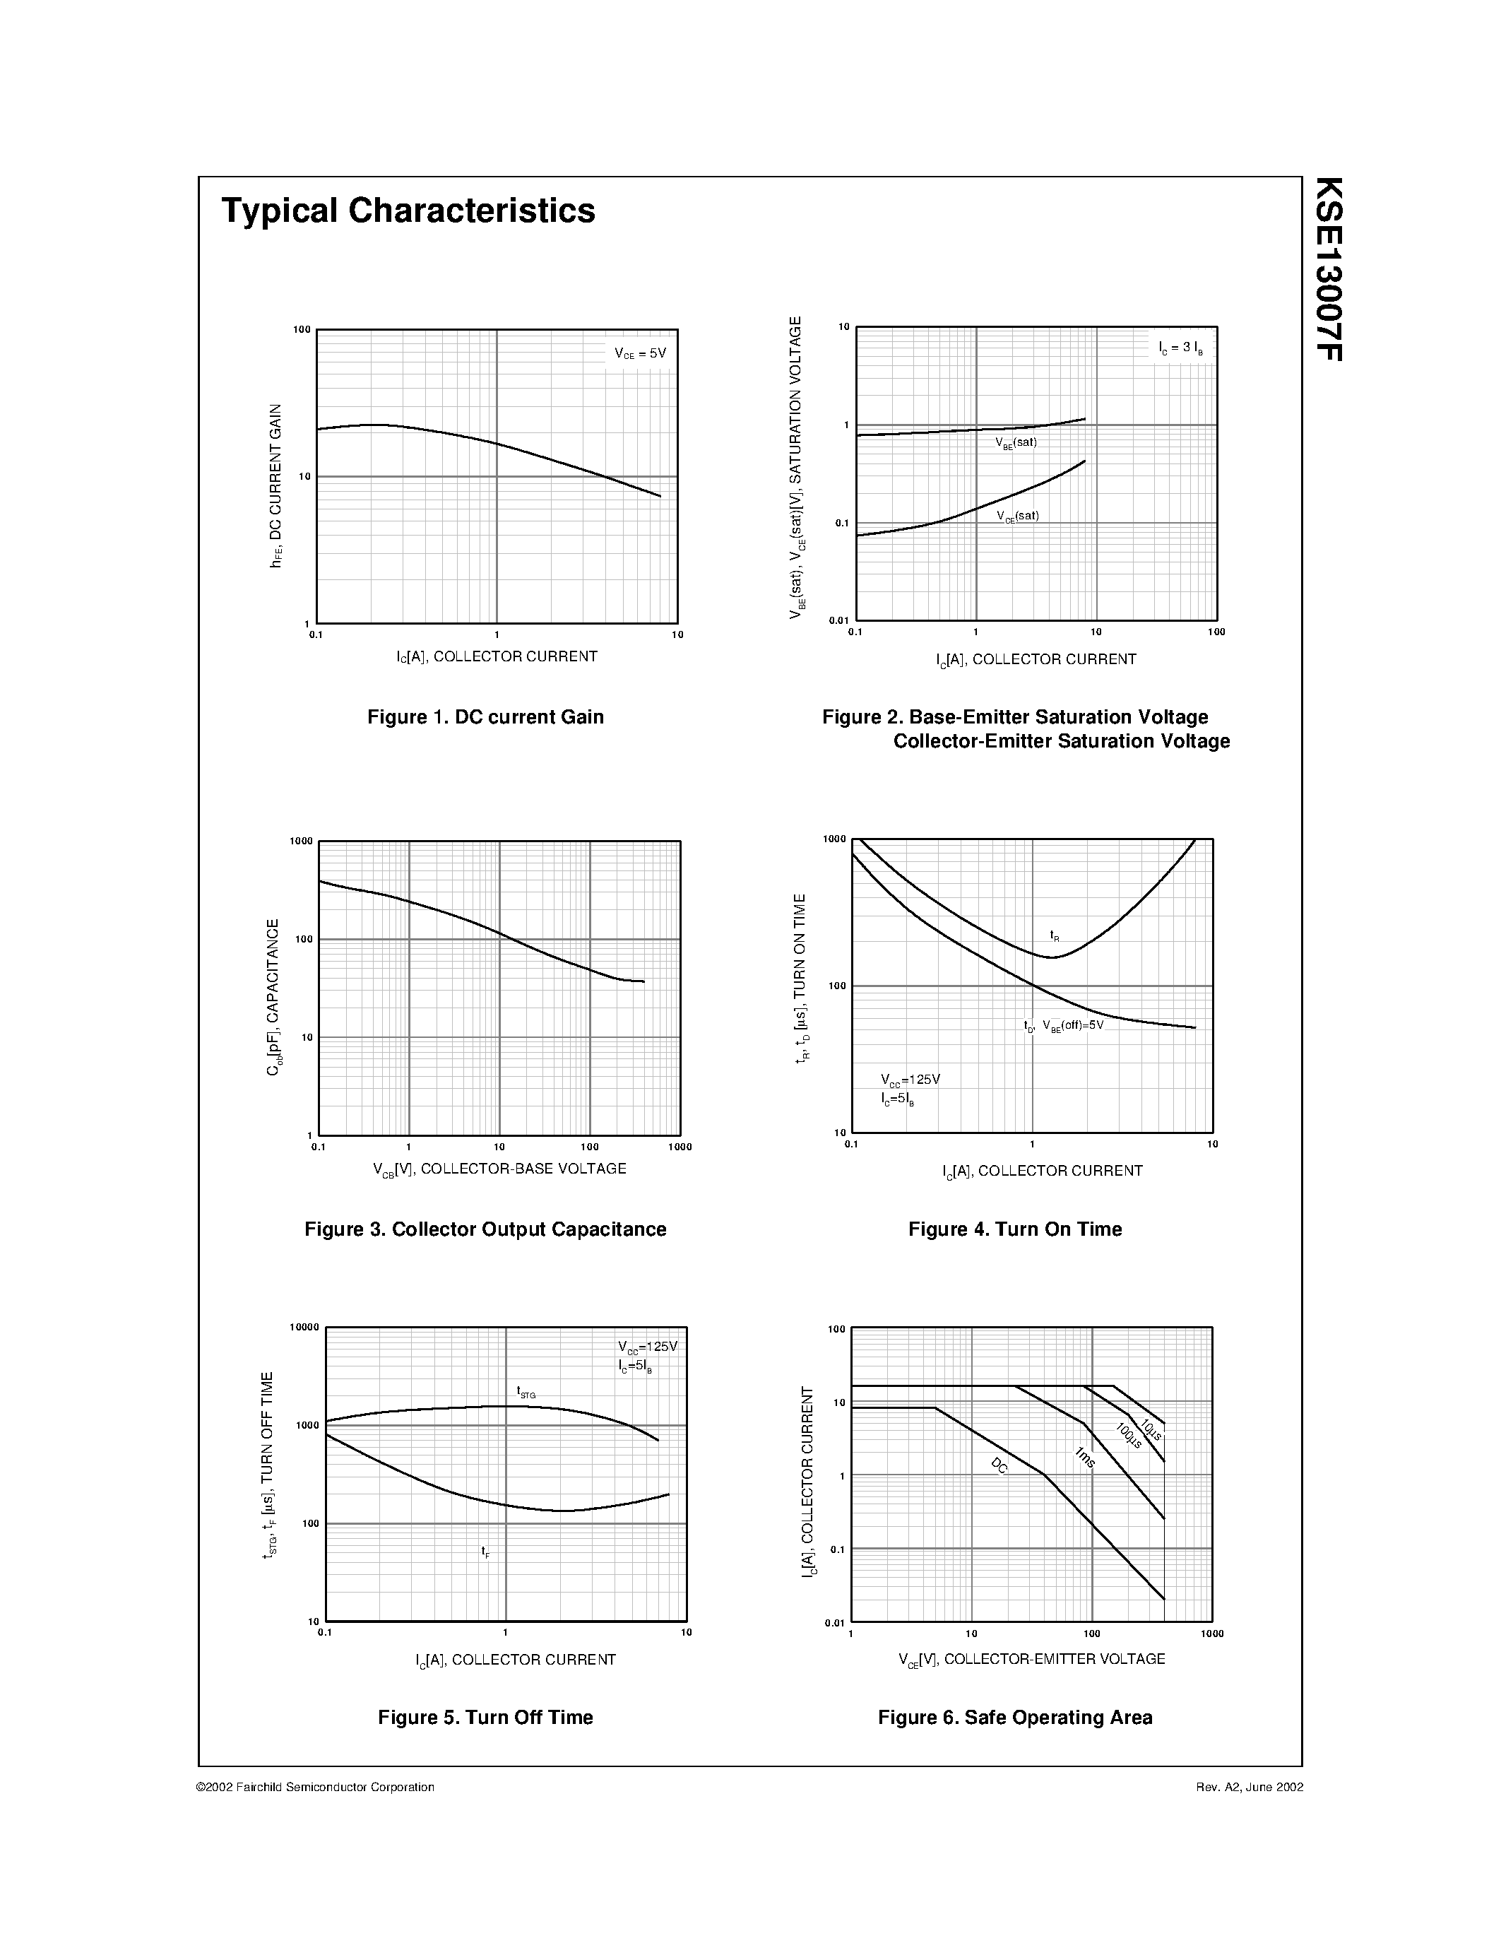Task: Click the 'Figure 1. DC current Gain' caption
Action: tap(485, 717)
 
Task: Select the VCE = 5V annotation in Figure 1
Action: tap(640, 353)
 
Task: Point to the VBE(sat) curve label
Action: tap(1016, 443)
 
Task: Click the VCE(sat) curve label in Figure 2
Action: tap(1017, 516)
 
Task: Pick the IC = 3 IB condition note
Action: tap(1181, 348)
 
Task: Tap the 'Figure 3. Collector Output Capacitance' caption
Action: tap(485, 1229)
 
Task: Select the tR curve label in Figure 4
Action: tap(1055, 936)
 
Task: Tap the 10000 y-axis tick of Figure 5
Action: tap(304, 1328)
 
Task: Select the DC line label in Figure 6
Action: tap(999, 1466)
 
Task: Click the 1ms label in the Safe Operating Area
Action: tap(1085, 1457)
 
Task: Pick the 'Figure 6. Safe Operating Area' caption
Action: tap(1014, 1718)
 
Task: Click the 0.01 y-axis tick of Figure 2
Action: tap(839, 620)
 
